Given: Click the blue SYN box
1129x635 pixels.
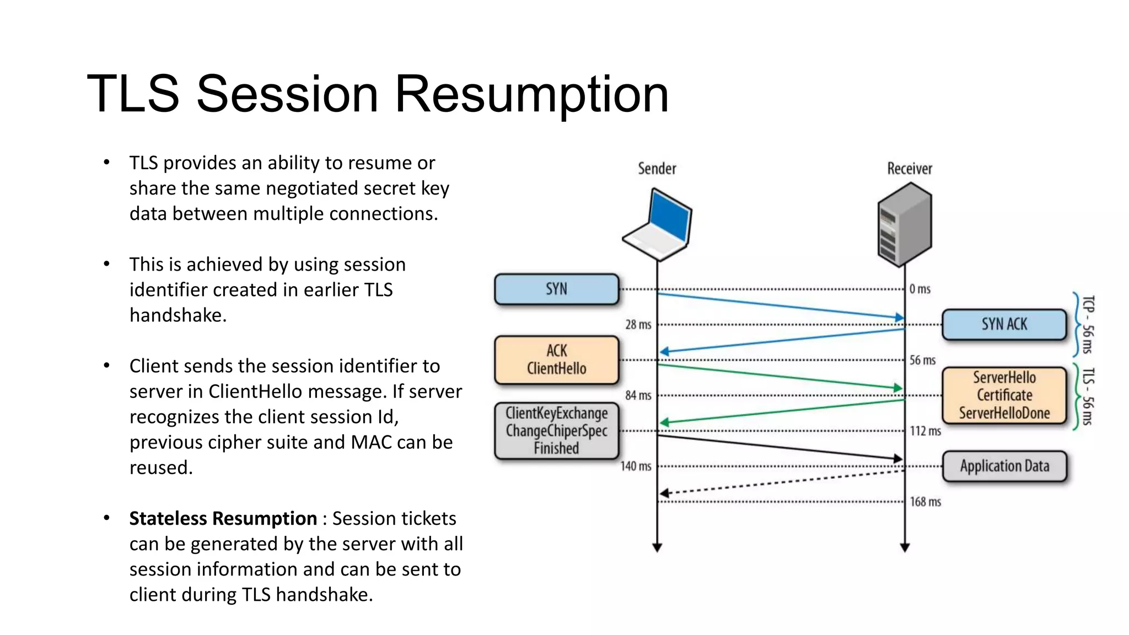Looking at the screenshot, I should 556,289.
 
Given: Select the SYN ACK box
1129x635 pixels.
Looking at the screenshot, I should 1004,324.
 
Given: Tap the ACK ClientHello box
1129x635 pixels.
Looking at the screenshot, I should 556,359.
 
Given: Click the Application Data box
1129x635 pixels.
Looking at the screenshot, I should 1004,466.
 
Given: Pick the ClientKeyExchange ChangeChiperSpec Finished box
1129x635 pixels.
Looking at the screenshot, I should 556,430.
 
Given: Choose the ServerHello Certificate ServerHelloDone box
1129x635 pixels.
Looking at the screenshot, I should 1004,395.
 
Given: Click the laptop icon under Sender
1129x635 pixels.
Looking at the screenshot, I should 658,225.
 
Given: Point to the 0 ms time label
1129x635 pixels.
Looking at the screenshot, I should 920,289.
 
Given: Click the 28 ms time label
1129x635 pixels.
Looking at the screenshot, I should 638,325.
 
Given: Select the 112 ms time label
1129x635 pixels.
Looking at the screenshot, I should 925,431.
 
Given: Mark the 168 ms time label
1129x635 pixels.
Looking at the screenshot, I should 925,502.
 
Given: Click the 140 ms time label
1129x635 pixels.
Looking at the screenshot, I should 636,466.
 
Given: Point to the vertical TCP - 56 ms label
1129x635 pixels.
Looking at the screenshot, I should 1087,324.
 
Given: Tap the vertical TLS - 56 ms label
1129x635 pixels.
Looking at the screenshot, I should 1087,396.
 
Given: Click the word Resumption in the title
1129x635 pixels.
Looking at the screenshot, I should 531,94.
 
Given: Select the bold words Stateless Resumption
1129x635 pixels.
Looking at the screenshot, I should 223,518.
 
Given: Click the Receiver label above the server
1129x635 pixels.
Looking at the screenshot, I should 909,169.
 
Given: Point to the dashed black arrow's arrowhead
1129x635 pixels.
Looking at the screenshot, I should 665,493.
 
